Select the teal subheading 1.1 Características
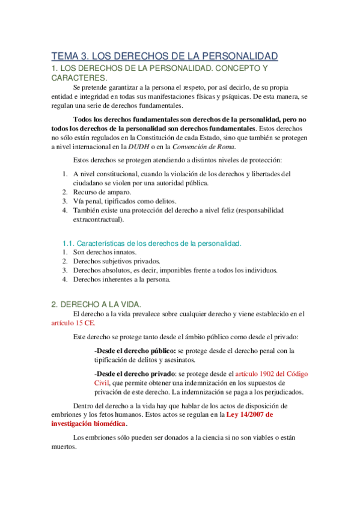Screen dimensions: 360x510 click(151, 243)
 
